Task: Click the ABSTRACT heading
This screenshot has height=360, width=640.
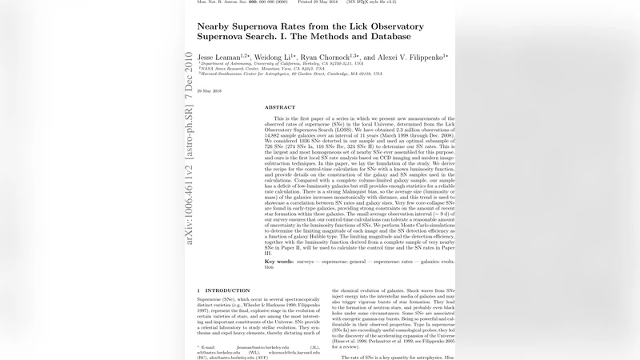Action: click(x=280, y=107)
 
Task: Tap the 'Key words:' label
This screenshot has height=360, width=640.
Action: click(x=281, y=261)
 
